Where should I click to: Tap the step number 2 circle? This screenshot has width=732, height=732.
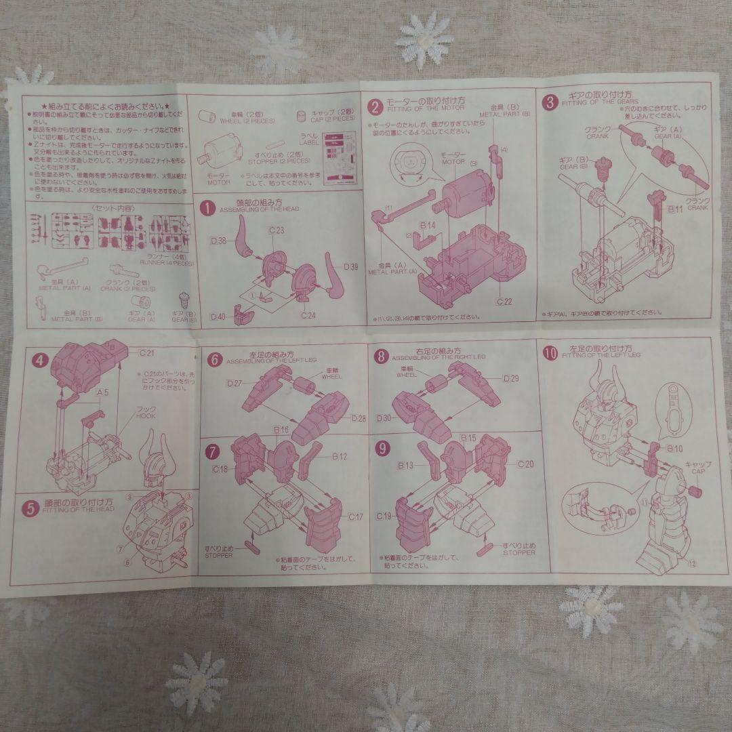[x=375, y=106]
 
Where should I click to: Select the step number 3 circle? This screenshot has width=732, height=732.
[x=550, y=103]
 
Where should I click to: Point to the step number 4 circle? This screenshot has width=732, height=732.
[x=40, y=359]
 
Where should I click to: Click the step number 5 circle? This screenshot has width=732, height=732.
[x=32, y=508]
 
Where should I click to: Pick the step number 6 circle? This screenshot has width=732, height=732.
[x=214, y=359]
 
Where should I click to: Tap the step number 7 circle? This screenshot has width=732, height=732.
[x=213, y=451]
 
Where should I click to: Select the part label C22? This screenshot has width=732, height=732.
[x=504, y=300]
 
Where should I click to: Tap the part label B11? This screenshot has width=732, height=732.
[x=674, y=210]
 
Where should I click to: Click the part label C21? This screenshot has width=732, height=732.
[x=146, y=353]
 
